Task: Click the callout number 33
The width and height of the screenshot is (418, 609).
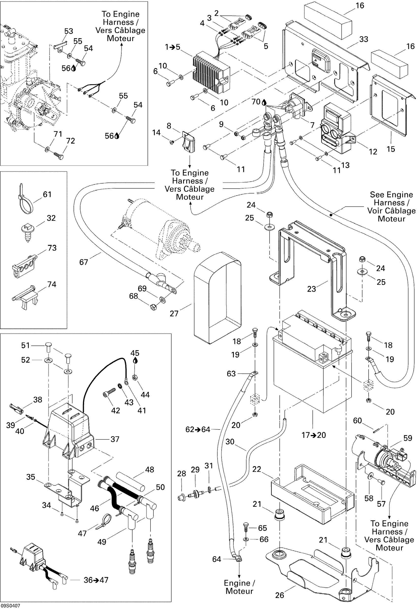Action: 363,39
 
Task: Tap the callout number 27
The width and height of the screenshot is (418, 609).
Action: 174,313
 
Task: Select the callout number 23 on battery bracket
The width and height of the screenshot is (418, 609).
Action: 312,289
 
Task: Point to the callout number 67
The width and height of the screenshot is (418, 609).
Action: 84,262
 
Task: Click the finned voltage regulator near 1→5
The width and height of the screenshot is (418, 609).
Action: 211,75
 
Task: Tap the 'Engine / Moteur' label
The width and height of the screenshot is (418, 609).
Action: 239,587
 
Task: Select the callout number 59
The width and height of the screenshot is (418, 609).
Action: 407,438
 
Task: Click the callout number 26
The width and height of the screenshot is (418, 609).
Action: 280,595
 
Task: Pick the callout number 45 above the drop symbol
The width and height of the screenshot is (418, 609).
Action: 135,353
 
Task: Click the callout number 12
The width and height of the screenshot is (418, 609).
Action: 373,152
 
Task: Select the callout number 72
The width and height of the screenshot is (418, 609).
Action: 71,141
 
